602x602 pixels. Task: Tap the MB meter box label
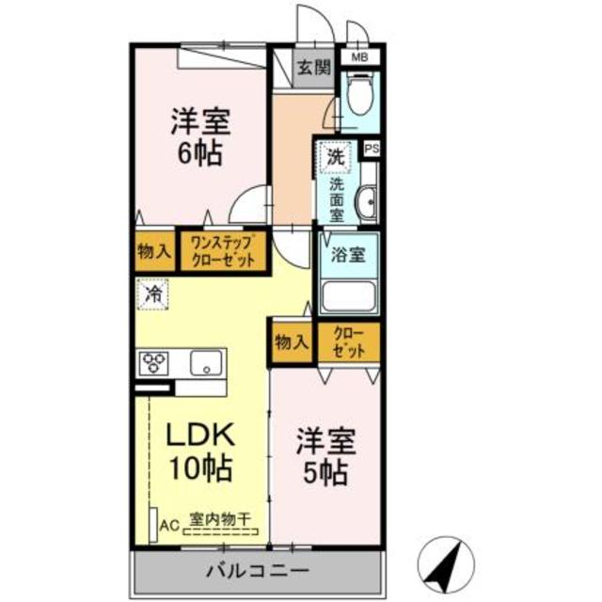(359, 58)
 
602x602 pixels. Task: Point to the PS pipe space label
(371, 149)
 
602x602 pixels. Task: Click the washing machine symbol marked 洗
(335, 156)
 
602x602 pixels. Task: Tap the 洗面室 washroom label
(336, 199)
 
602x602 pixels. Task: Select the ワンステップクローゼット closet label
(222, 251)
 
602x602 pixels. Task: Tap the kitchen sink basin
(207, 362)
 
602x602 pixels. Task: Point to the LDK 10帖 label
(200, 451)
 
